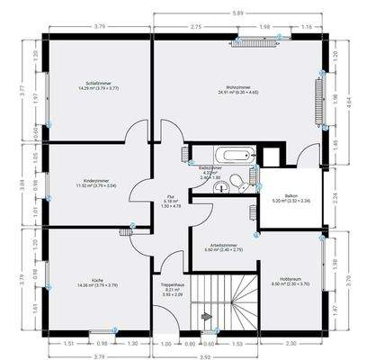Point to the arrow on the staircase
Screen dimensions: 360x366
pos(206,318)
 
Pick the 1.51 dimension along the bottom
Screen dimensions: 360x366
pos(68,344)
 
